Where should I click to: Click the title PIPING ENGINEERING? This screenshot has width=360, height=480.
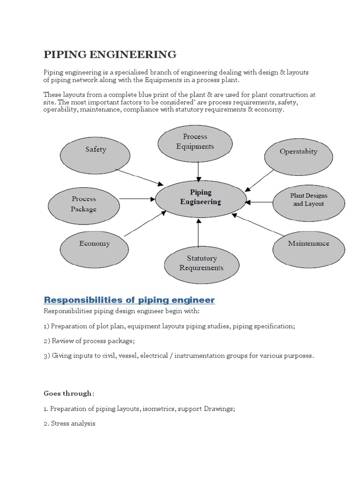(110, 54)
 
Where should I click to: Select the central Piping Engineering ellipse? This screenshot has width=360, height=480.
(201, 197)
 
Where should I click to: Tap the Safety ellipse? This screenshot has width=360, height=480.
(96, 150)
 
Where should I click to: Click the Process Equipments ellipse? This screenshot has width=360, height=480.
(195, 142)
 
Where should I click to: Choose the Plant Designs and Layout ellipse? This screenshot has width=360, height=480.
(308, 200)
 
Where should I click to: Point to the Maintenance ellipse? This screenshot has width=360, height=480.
(308, 244)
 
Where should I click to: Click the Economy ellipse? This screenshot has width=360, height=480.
(95, 244)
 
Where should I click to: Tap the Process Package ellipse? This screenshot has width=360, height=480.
(83, 204)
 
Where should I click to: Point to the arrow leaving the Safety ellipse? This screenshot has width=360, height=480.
(140, 178)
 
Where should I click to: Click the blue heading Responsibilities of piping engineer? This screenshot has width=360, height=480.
(129, 300)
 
